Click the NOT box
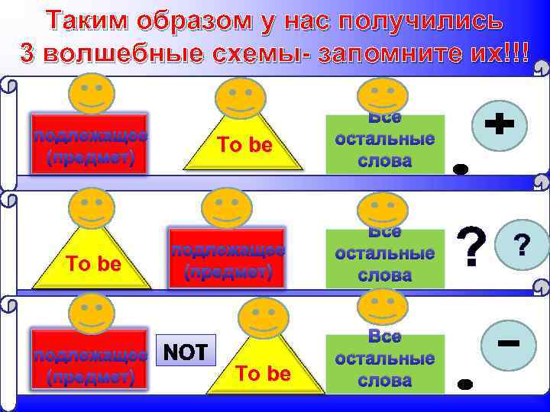(186, 352)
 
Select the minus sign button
(509, 345)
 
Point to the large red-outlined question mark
(472, 246)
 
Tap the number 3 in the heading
(28, 55)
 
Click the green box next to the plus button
(384, 145)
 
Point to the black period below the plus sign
(459, 169)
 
